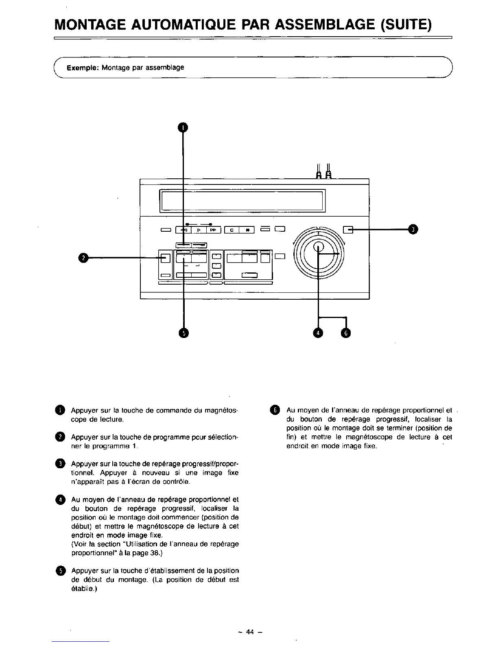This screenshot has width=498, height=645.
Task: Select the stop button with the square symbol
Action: click(232, 230)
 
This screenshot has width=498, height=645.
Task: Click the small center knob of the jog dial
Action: click(319, 247)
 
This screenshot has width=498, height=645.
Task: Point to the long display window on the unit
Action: click(242, 200)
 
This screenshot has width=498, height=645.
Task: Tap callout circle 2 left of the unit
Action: click(83, 257)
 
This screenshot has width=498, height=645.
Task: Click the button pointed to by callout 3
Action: click(348, 230)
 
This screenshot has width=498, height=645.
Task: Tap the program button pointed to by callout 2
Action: click(165, 258)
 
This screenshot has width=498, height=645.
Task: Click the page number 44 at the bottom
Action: click(249, 632)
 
